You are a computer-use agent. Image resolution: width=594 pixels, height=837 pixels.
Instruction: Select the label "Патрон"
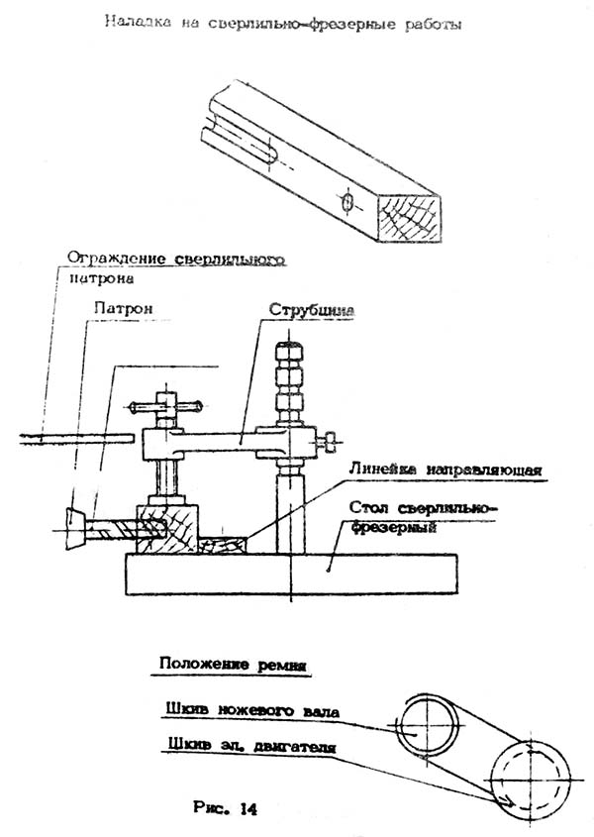124,307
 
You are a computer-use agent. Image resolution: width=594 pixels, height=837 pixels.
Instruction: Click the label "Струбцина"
312,309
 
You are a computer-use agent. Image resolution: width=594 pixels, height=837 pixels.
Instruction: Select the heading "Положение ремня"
230,664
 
